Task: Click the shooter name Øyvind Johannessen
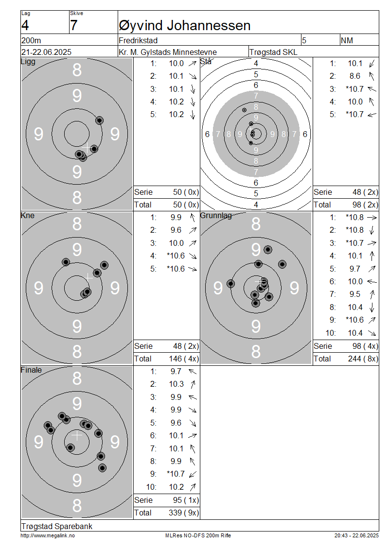coord(185,26)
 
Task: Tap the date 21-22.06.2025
coord(46,52)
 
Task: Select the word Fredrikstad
coord(138,40)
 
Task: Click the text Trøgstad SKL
coord(273,52)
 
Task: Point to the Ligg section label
coord(28,62)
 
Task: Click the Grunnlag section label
coord(216,215)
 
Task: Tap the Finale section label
coord(31,370)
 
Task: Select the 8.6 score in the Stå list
coord(354,76)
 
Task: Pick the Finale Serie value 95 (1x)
coord(186,500)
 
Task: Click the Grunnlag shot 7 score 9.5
coord(354,294)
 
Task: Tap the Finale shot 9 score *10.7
coord(176,474)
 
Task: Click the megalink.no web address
coord(48,535)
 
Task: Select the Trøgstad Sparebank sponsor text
coord(57,526)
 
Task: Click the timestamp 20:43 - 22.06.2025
coord(356,535)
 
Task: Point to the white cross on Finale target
coord(77,435)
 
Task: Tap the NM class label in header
coord(347,40)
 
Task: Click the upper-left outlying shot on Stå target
coord(244,110)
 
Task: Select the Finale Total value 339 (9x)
coord(184,513)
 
